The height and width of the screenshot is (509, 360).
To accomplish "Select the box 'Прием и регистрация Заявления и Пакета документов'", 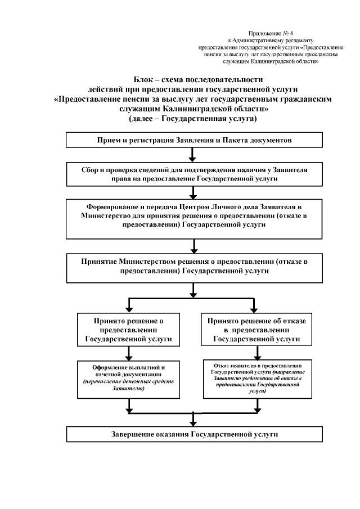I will (193, 139).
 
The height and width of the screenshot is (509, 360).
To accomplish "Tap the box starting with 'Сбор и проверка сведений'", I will (193, 173).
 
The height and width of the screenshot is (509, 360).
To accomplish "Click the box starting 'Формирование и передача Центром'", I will (193, 219).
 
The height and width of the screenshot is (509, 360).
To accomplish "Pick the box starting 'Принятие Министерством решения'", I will (193, 268).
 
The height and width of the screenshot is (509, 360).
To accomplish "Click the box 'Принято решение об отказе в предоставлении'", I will (256, 330).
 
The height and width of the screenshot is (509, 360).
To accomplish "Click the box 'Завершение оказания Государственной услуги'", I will (193, 435).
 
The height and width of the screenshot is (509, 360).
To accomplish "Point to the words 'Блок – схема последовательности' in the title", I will (193, 80).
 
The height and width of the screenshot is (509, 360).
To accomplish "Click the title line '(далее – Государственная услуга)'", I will (193, 119).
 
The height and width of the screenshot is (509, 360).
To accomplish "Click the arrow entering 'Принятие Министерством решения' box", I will (193, 246).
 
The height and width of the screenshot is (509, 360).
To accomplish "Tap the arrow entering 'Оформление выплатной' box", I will (130, 353).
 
